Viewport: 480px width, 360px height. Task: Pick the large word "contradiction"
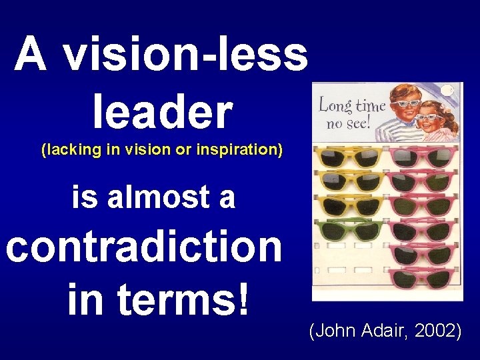pos(144,247)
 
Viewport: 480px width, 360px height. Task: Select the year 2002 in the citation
pos(437,330)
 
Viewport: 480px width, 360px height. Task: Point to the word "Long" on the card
pos(334,105)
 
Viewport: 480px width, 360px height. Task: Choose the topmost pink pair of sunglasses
pos(420,157)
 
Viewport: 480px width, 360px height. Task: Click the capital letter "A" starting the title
pos(31,54)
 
